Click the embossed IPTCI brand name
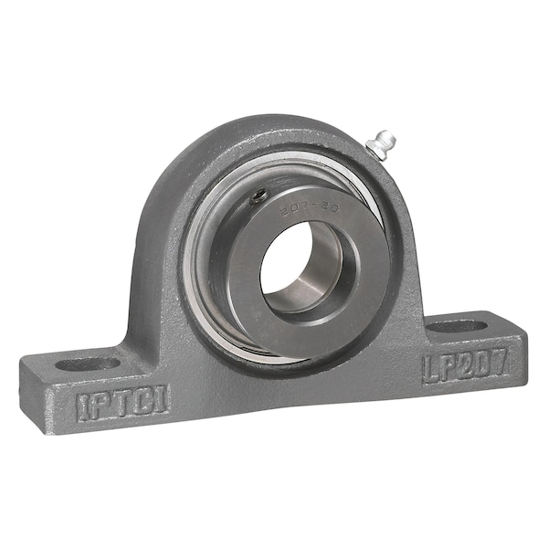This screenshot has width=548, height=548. (121, 402)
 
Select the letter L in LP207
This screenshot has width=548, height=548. (430, 369)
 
